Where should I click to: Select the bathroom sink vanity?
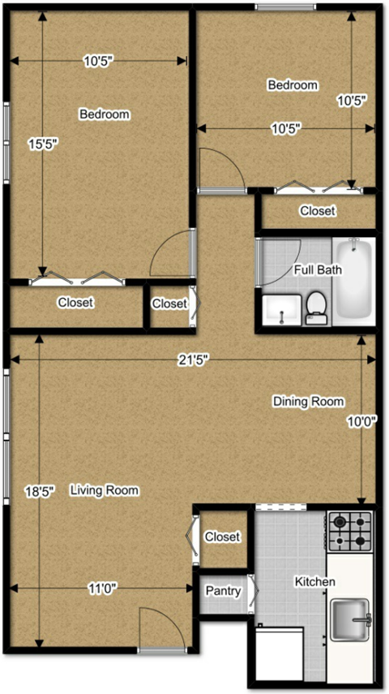pos(281,309)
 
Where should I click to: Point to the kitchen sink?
pos(349,619)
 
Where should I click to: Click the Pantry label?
pos(222,591)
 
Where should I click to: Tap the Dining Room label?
pos(308,402)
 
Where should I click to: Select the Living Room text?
pos(104,490)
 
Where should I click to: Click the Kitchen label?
pos(314,582)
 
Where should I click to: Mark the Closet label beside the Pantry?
pos(222,537)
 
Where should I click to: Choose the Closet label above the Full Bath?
pos(317,211)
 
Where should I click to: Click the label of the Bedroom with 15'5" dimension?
pos(104,114)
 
